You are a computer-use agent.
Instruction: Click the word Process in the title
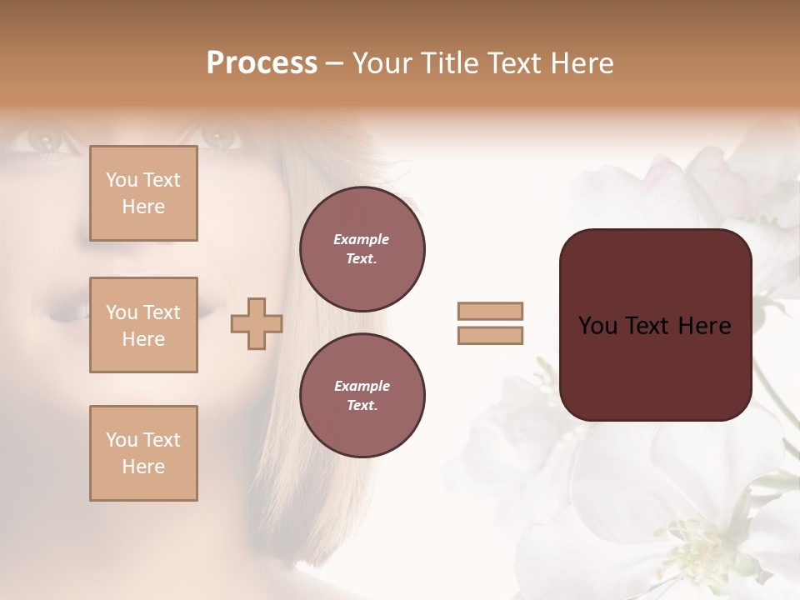(262, 63)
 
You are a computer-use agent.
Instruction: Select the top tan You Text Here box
(143, 193)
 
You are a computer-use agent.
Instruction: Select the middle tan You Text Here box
(143, 325)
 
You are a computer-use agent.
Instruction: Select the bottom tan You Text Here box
(143, 453)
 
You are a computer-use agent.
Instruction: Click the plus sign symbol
(257, 324)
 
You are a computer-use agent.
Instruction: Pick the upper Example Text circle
(362, 249)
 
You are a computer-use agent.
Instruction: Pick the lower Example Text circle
(362, 395)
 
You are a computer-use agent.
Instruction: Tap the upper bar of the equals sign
(491, 311)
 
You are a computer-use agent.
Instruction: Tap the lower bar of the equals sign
(491, 336)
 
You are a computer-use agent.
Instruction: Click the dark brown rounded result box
(656, 325)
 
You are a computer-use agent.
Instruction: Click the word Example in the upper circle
(362, 239)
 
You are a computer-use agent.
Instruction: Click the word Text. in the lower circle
(362, 405)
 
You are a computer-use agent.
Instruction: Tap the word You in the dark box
(598, 326)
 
